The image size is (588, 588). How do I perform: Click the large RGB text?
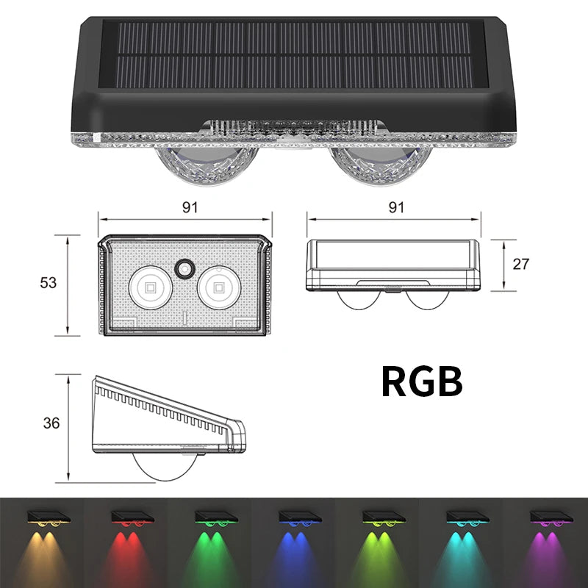(421, 381)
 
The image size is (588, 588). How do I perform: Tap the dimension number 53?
(49, 283)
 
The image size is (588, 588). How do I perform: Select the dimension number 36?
(51, 423)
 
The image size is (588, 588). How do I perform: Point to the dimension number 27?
(521, 265)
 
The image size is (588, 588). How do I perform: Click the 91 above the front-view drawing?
(190, 208)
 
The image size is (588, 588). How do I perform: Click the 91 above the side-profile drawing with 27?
(396, 208)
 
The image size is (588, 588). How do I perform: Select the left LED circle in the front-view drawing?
(148, 285)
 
